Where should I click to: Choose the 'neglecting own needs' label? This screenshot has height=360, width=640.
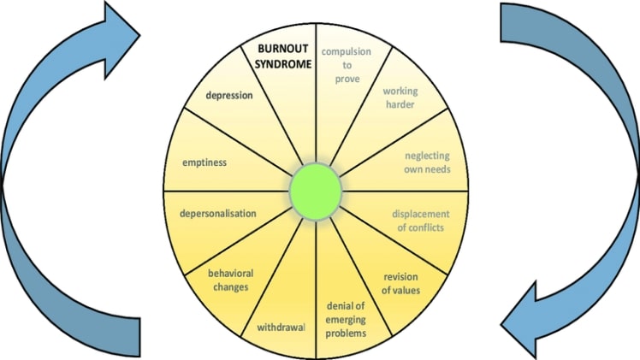[x=427, y=162]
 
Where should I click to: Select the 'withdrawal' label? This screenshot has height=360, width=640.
[x=281, y=327]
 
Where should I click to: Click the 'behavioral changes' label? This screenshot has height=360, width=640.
[x=228, y=280]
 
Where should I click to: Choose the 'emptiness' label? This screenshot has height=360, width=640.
[x=204, y=162]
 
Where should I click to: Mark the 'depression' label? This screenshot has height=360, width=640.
[x=229, y=95]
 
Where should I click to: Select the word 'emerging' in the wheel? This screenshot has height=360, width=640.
[x=347, y=319]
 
